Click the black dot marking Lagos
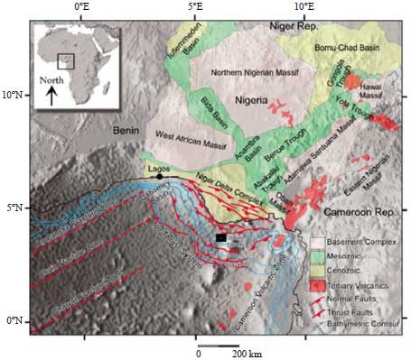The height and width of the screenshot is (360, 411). pos(159,175)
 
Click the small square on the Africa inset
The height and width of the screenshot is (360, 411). pos(65,61)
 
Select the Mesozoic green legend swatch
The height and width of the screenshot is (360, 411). pos(318,256)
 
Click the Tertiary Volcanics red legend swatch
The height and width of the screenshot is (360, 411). pos(318,283)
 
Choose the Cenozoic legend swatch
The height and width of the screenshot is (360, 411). pos(318,270)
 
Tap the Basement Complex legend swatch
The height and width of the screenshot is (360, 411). pos(318,243)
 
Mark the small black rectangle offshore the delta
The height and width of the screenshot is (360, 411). pos(221,238)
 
